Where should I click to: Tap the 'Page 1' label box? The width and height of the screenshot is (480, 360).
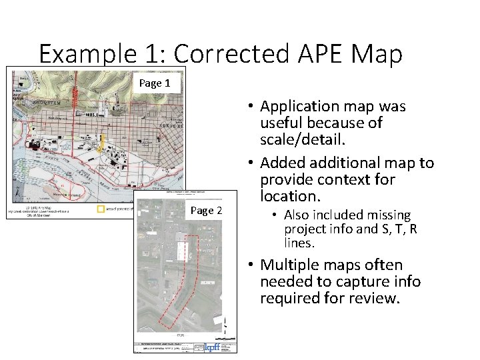[155, 83]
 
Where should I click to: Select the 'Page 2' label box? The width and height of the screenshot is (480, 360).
[207, 211]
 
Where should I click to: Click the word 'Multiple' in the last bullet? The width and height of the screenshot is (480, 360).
[291, 264]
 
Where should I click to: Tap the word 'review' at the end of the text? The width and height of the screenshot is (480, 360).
[376, 299]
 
